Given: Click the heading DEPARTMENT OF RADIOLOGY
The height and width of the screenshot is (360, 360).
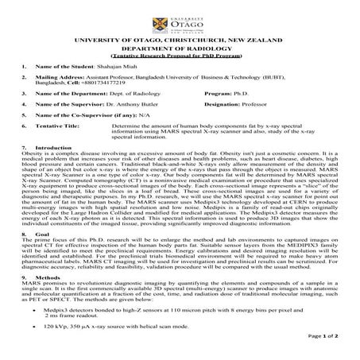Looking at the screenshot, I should pos(180,48).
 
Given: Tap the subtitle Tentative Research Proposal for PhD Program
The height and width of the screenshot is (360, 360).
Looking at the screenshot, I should pos(180,56).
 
